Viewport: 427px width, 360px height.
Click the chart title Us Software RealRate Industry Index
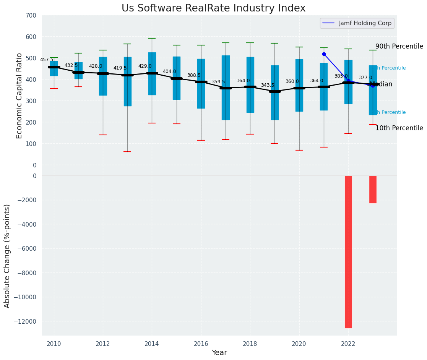click(x=213, y=8)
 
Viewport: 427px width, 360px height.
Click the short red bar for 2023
click(x=373, y=189)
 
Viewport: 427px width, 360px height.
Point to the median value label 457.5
click(x=47, y=60)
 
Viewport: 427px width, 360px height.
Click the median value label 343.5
click(x=268, y=85)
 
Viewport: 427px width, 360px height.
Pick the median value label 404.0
click(x=169, y=71)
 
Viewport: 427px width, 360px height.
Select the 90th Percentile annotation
click(x=399, y=47)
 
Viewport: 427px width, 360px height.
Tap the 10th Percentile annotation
click(x=399, y=128)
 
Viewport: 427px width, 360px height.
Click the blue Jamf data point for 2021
click(x=324, y=54)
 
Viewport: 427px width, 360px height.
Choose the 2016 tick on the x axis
click(x=201, y=344)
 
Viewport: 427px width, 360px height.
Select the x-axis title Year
click(x=219, y=353)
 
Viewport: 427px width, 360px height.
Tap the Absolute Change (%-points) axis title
click(x=7, y=256)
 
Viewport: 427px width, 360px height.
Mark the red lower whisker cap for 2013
click(x=127, y=152)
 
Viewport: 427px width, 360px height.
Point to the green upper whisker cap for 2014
click(x=152, y=38)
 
